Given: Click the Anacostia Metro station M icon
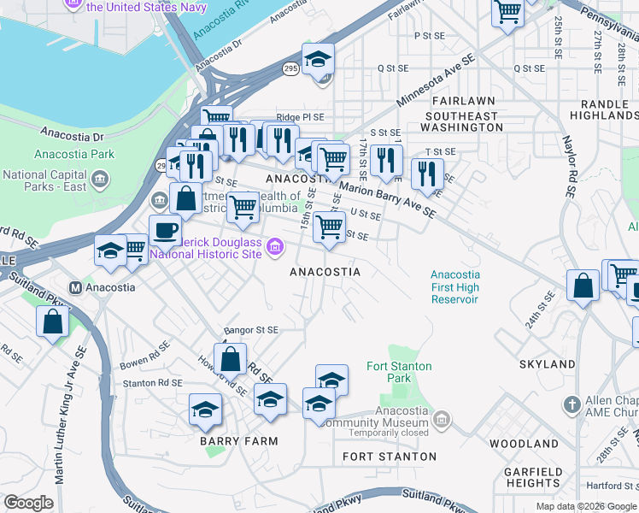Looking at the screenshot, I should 75,287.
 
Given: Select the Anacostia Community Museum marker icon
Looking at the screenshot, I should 441,418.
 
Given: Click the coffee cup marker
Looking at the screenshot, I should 165,230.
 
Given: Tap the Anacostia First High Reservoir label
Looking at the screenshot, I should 454,287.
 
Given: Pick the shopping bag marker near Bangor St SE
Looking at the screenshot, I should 230,360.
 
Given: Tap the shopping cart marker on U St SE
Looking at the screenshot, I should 329,227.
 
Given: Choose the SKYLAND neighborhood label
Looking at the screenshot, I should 547,364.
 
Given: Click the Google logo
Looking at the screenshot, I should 28,503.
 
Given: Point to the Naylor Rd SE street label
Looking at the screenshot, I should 567,168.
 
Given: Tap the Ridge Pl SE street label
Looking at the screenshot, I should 300,118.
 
